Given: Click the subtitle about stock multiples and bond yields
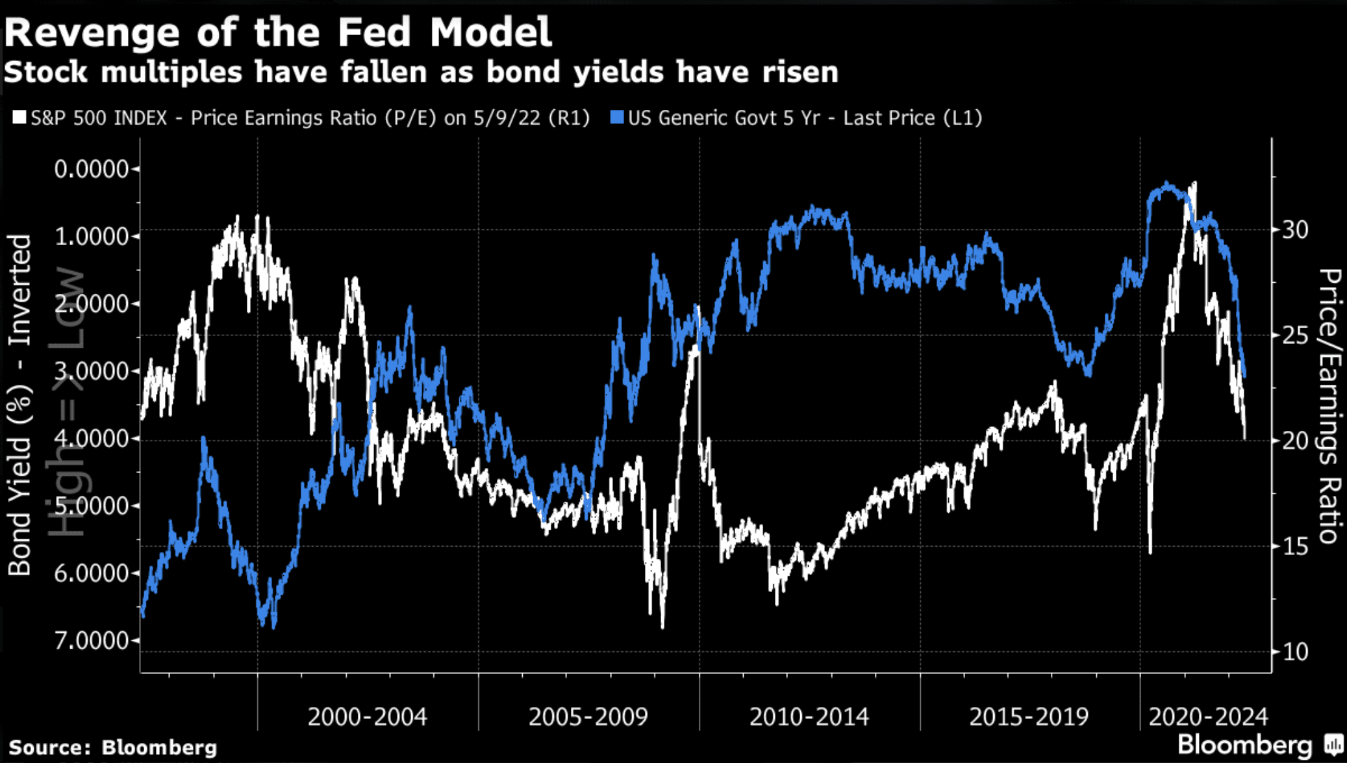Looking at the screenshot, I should (421, 71).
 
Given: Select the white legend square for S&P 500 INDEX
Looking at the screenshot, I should (19, 118).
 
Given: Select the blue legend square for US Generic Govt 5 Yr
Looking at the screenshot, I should (617, 118).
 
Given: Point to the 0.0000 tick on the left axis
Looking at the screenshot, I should (91, 169).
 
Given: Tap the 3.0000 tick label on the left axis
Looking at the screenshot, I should (91, 371).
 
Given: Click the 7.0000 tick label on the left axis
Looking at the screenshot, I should (91, 641).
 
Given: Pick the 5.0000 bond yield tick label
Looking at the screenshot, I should (91, 506).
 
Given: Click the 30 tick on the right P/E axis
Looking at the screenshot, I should (1294, 229).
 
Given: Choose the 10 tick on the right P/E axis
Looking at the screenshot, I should (1294, 651).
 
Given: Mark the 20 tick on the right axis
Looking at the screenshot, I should (1294, 441).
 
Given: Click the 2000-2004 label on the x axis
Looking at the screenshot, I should (367, 717).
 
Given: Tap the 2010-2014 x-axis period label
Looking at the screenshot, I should (809, 717).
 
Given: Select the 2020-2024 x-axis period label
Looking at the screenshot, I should (1208, 717).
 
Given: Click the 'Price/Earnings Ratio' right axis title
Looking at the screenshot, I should (1330, 406).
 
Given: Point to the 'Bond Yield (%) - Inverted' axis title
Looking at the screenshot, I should (19, 404).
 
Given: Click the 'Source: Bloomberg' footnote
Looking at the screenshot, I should (112, 747).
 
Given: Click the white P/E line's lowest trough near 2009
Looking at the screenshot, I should (662, 627).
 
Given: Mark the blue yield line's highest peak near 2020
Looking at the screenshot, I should (1167, 184).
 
